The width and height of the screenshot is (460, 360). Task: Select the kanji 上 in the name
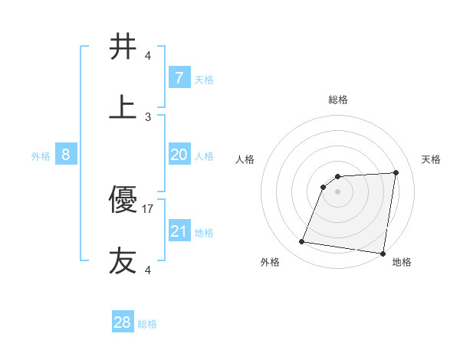[x=123, y=107]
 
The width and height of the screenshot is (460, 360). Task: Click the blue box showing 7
[x=179, y=78]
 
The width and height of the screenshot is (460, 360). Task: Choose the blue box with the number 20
[x=179, y=155]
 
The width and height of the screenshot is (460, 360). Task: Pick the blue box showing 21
[x=179, y=231]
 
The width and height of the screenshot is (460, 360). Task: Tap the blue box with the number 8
[x=65, y=155]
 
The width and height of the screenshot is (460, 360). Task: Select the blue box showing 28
[x=122, y=322]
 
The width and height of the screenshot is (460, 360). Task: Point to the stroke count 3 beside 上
[x=148, y=116]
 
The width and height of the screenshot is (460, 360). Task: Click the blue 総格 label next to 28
[x=147, y=324]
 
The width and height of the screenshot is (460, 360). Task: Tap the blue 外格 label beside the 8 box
[x=41, y=156]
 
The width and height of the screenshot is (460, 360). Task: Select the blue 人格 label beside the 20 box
[x=204, y=156]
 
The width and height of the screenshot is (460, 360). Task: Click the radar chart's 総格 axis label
[x=338, y=100]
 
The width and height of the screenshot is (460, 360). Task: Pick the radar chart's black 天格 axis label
[x=432, y=159]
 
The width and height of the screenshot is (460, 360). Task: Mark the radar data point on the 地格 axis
[x=382, y=254]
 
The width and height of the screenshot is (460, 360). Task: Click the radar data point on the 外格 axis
[x=302, y=242]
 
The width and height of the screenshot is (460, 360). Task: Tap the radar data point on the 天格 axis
[x=396, y=172]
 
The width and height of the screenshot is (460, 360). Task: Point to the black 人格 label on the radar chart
[x=245, y=159]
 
